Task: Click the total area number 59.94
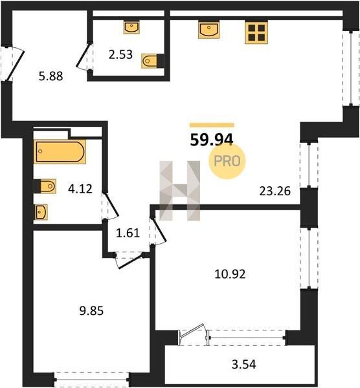click(x=212, y=140)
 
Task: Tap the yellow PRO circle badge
click(x=227, y=161)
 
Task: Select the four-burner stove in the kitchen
click(x=256, y=33)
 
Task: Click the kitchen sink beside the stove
click(x=208, y=30)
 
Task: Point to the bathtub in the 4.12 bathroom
click(x=60, y=151)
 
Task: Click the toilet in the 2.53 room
click(x=153, y=61)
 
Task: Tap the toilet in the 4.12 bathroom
click(x=45, y=186)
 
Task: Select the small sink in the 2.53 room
click(x=131, y=27)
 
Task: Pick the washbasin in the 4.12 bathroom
click(x=41, y=212)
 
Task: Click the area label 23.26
click(x=275, y=191)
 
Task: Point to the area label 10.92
click(x=230, y=274)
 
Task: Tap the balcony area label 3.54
click(x=244, y=365)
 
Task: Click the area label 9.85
click(x=91, y=311)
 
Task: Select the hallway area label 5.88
click(x=51, y=76)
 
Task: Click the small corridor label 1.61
click(x=128, y=233)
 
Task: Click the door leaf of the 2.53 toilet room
click(x=82, y=56)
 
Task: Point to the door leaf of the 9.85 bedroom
click(x=131, y=261)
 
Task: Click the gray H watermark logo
click(x=179, y=191)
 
